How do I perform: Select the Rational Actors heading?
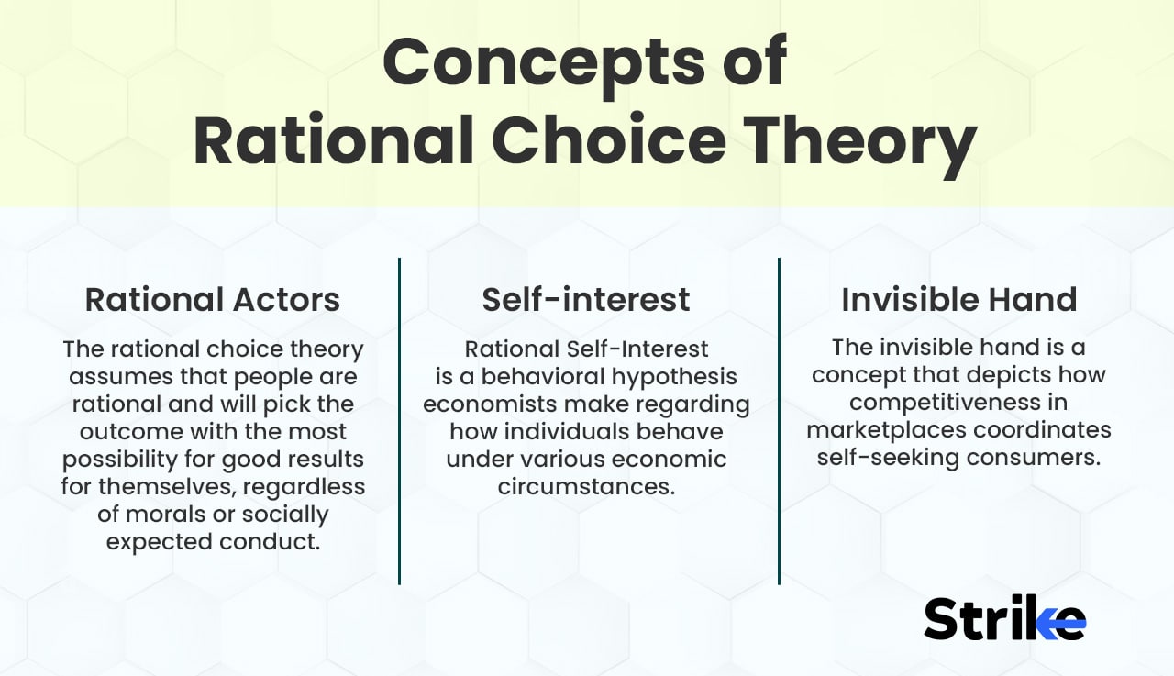click(x=213, y=300)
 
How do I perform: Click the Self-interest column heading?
click(x=586, y=300)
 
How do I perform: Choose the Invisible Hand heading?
click(x=958, y=300)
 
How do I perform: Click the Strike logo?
click(x=1004, y=618)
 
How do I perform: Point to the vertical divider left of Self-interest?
click(x=400, y=421)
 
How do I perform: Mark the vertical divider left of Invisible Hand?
click(x=779, y=421)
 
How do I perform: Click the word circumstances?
click(x=586, y=487)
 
